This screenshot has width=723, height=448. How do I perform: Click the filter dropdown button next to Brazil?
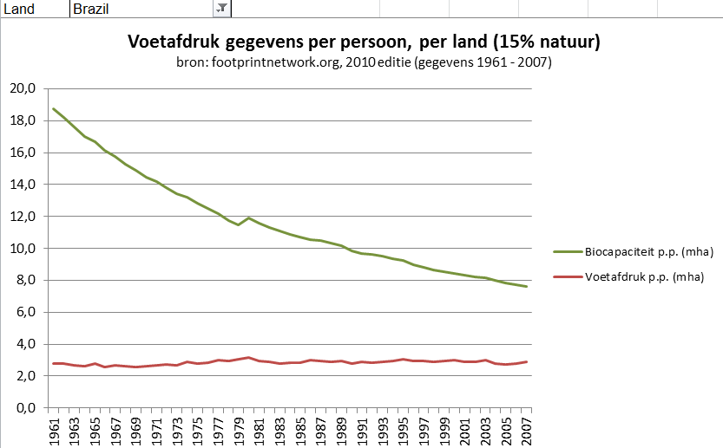tap(221, 8)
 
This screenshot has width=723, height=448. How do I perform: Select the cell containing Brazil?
tap(139, 9)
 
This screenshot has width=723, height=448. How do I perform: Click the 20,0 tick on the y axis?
tap(22, 88)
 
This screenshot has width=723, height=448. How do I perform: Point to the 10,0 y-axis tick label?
tap(22, 249)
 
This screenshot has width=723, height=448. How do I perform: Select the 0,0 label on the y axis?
tap(24, 408)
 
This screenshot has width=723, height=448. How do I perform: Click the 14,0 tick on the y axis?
tap(22, 185)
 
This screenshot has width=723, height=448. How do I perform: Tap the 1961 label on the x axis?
tap(54, 431)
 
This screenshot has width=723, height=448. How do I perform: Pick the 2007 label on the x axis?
tap(526, 431)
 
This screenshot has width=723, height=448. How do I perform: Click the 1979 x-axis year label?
tap(239, 431)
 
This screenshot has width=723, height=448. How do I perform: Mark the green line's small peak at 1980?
tap(249, 218)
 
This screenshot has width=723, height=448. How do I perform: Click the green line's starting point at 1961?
tap(54, 108)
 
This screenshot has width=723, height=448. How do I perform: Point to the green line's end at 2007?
tap(526, 286)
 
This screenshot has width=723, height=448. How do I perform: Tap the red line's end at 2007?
tap(526, 362)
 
